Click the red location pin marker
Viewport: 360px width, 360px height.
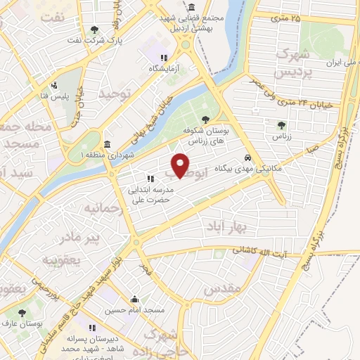coord(181,165)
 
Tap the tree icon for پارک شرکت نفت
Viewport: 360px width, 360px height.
coord(94,30)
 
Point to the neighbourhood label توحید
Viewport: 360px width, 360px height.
coord(115,93)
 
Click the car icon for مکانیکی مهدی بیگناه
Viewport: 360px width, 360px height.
coord(247,157)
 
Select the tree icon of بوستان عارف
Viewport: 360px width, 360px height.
coord(22,312)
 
